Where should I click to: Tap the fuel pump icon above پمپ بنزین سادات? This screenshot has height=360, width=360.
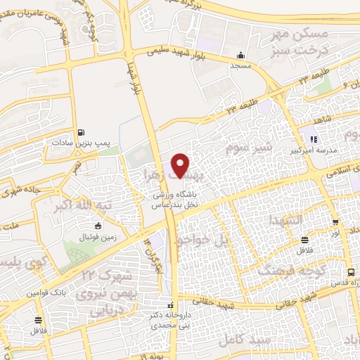[82, 131]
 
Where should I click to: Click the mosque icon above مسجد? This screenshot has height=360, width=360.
[241, 56]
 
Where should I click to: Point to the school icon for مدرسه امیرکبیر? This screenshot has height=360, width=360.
[313, 139]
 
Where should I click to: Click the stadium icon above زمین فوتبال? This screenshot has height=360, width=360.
[97, 226]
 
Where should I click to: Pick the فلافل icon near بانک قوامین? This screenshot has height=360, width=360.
[37, 319]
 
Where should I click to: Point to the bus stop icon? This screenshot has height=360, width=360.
[349, 273]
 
